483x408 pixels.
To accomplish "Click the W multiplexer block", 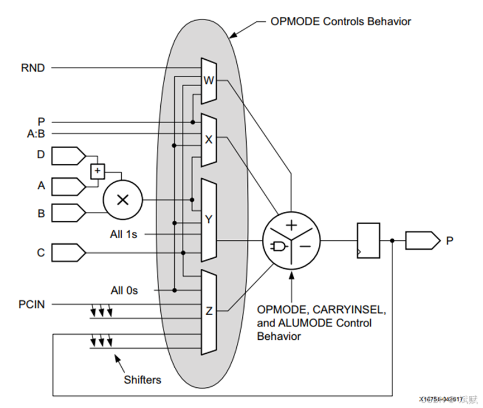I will [x=208, y=80].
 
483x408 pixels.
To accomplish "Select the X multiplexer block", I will [x=208, y=140].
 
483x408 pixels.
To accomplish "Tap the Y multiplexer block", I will [x=208, y=220].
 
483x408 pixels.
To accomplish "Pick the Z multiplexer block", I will [x=208, y=311].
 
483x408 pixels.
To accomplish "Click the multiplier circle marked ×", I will [x=122, y=200].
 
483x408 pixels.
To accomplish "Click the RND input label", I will [x=33, y=68].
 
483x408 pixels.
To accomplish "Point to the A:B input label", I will [x=36, y=134].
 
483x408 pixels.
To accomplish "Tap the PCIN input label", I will [x=31, y=305].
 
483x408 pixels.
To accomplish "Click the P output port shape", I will [x=422, y=241].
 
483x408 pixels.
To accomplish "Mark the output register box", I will [x=368, y=240].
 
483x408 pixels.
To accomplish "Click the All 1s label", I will [x=123, y=234].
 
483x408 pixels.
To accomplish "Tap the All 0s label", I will [x=123, y=291].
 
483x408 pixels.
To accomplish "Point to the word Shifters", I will [x=142, y=380].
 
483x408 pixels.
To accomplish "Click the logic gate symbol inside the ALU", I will [x=278, y=246].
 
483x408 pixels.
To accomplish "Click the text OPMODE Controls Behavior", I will [x=341, y=22].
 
